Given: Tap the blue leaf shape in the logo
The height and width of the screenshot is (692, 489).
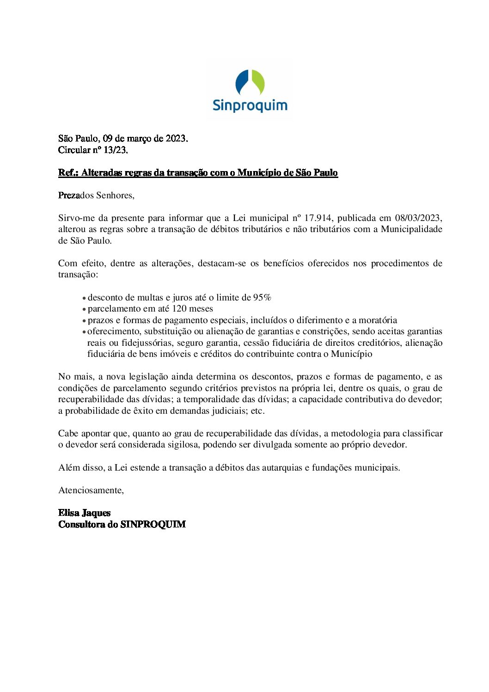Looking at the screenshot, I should point(242,82).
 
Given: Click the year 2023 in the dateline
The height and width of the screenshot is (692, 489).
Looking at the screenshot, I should point(176,138).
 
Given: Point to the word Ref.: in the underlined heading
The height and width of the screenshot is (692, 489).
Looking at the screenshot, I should point(68,172).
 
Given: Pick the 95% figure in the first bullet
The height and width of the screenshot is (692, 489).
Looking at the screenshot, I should point(262,297).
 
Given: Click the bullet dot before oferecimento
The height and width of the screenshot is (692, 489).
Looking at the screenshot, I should point(84,332).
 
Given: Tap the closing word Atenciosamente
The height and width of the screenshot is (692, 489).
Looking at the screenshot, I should point(91,490).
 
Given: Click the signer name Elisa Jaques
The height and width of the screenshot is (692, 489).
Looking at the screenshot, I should point(85,513).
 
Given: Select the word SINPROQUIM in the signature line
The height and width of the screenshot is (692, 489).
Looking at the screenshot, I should point(153,524).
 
